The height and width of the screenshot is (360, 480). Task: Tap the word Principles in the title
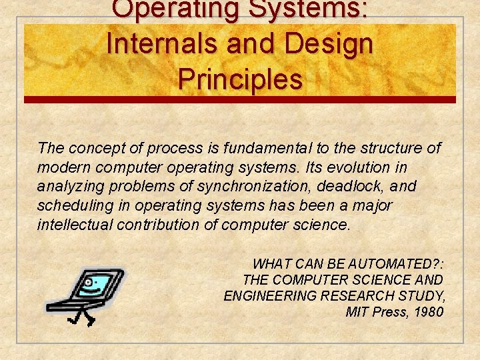tap(240, 79)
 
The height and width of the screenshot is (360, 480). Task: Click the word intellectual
tap(74, 225)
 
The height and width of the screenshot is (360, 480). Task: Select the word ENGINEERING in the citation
tap(273, 296)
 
